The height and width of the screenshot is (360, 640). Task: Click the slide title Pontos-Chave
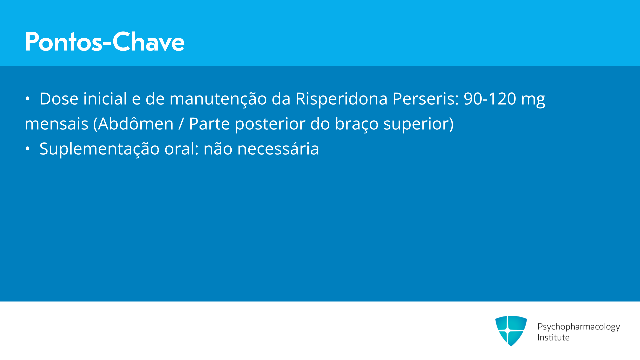(105, 42)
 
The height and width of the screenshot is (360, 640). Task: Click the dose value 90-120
(490, 99)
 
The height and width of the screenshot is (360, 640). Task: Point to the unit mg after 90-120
(533, 100)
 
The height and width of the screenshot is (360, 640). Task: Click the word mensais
(57, 124)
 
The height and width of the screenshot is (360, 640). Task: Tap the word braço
(357, 125)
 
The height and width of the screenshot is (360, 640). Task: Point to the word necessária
(278, 149)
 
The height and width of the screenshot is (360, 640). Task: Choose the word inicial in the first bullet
(105, 99)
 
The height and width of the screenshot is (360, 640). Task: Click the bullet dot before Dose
(27, 99)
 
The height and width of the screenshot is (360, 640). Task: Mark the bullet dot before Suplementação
(27, 149)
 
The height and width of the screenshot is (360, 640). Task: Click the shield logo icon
(511, 331)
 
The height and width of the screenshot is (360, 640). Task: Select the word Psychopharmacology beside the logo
(579, 327)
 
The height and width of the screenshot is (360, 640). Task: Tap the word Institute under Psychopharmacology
(553, 337)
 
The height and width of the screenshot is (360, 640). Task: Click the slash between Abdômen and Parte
(181, 124)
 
